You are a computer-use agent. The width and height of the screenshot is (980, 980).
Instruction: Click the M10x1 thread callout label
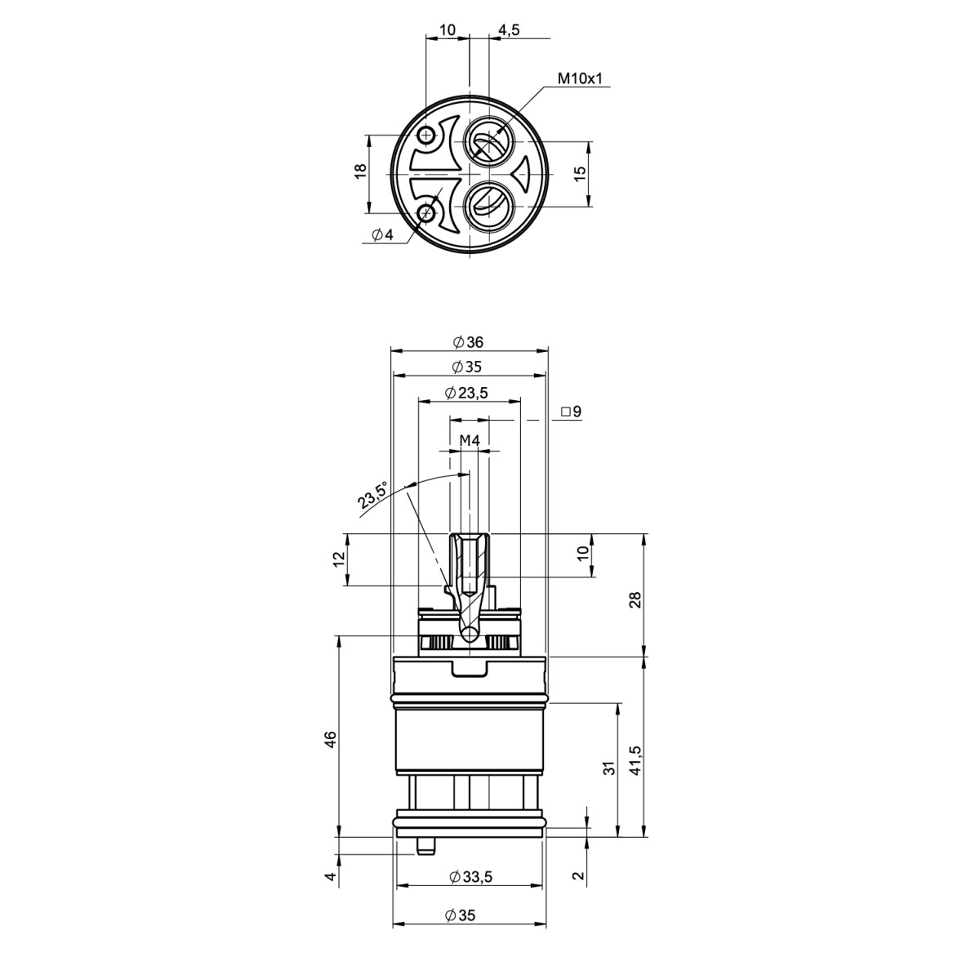click(579, 78)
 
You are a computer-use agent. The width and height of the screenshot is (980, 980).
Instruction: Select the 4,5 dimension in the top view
click(508, 29)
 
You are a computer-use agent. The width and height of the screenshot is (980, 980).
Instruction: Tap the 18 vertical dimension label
click(359, 171)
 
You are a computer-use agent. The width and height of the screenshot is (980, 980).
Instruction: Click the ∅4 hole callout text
click(383, 235)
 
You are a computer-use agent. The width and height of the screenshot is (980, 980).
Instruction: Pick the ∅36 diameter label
click(468, 342)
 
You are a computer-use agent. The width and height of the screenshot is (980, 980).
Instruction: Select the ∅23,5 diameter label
click(465, 393)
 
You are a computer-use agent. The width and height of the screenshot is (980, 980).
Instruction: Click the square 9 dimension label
click(571, 411)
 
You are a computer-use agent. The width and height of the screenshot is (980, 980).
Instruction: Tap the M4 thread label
click(470, 440)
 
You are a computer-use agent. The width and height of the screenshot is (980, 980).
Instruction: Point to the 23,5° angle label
click(372, 495)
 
